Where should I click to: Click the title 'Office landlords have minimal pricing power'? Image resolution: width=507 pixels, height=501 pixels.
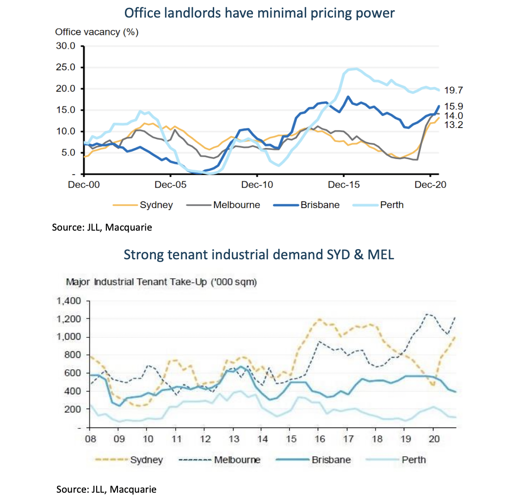click(260, 12)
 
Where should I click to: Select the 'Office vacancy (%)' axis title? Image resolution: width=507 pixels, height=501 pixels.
click(97, 32)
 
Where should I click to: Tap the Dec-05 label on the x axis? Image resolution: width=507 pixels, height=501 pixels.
click(171, 184)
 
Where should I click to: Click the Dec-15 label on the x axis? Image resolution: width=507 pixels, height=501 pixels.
click(343, 184)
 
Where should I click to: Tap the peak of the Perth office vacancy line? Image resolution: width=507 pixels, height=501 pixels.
click(353, 69)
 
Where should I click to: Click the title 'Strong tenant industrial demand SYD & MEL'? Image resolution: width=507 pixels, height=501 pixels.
click(259, 254)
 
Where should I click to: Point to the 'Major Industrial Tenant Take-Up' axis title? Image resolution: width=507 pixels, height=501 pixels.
click(161, 281)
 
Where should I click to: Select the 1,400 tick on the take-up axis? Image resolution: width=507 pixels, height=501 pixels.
click(69, 301)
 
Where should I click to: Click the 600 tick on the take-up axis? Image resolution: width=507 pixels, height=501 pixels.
click(72, 373)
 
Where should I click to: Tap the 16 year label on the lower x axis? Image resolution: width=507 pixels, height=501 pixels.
click(319, 438)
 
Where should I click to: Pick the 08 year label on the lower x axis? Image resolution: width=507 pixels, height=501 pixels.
click(90, 438)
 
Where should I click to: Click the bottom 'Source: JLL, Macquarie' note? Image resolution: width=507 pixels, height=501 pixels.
click(106, 489)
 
